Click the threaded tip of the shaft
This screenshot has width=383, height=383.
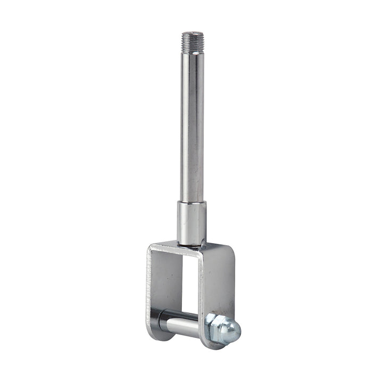[191, 39]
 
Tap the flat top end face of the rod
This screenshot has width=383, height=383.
[191, 33]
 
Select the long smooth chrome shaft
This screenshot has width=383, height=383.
[191, 122]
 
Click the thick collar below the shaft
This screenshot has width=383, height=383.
[191, 222]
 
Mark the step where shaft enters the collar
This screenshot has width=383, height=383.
[191, 203]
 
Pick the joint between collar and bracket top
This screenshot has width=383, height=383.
[191, 244]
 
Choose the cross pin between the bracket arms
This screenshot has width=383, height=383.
[181, 321]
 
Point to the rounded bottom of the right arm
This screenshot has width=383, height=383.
[213, 343]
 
